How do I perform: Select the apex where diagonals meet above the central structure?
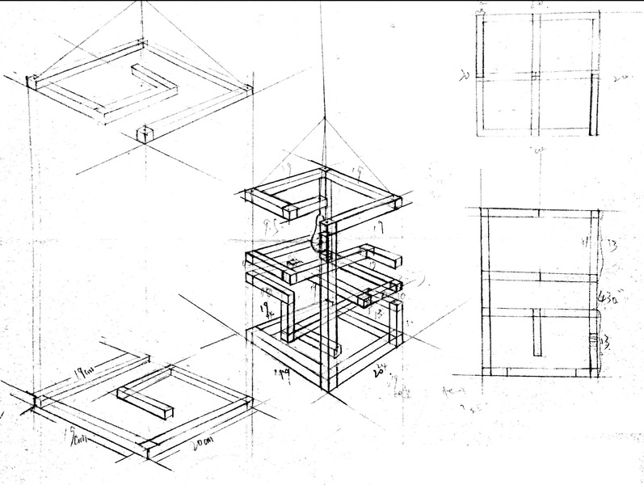click(323, 117)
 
